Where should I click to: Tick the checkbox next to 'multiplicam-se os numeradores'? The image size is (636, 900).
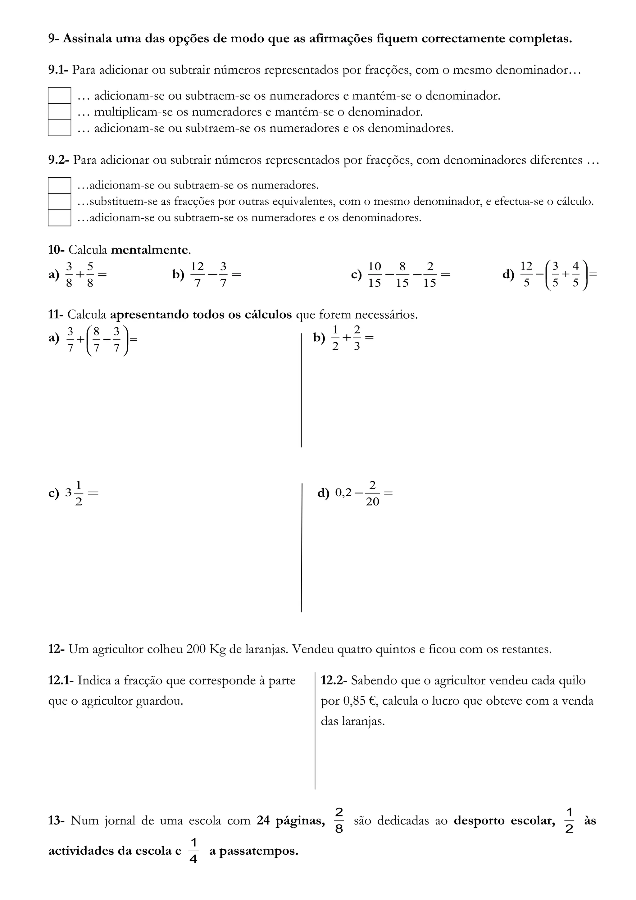click(59, 112)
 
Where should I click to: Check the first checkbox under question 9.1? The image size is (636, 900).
click(59, 95)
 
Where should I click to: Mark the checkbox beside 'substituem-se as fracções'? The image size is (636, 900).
click(59, 202)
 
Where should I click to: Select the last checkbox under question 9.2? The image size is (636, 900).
click(59, 218)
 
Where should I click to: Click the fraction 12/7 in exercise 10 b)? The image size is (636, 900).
click(197, 275)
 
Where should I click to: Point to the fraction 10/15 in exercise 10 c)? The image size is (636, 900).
click(374, 275)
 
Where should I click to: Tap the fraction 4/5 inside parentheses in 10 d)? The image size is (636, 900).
click(575, 275)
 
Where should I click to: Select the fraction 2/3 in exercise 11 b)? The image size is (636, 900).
click(357, 338)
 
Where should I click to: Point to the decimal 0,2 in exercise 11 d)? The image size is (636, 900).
click(344, 493)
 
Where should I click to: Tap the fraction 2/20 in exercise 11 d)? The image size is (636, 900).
click(372, 493)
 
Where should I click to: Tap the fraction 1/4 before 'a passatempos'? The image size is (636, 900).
click(193, 851)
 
